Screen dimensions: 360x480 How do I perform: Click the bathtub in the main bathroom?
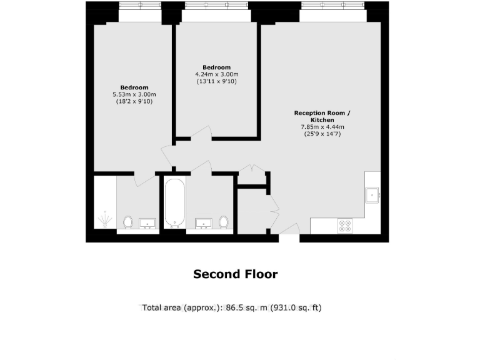[174, 203]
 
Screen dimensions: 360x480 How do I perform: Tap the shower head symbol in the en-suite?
[105, 219]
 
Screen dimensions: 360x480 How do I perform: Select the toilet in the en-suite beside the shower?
[128, 222]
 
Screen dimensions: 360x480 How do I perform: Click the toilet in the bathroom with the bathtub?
[224, 222]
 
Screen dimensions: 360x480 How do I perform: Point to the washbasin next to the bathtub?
[204, 223]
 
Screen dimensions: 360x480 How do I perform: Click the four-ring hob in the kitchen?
[344, 225]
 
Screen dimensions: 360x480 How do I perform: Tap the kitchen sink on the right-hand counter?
[373, 196]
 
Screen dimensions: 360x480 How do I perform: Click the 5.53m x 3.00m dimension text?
[134, 94]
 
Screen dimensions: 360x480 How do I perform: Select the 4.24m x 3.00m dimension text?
[217, 74]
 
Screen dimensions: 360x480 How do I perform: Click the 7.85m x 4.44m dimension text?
[322, 127]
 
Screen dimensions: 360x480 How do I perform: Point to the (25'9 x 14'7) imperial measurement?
[322, 134]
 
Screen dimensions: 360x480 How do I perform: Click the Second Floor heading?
[235, 274]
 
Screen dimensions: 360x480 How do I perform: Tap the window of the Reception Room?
[333, 6]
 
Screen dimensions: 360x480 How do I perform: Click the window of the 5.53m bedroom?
[139, 6]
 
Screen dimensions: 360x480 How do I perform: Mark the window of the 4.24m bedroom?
[216, 6]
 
